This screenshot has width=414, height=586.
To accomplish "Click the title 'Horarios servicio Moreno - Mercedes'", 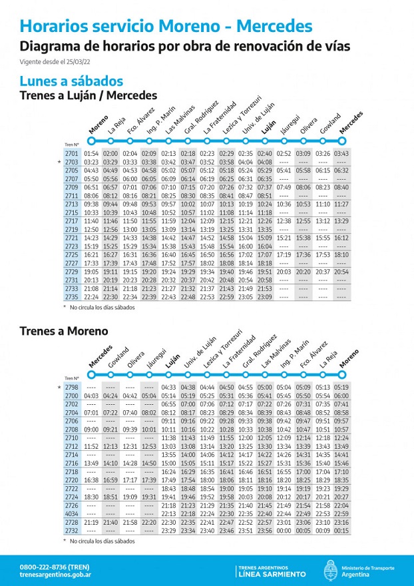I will coord(166,27).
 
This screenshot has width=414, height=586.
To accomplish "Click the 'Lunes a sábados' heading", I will coord(71,81).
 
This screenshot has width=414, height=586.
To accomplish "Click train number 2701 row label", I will coord(72,154).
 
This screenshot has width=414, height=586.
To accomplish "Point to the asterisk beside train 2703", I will coord(60,162).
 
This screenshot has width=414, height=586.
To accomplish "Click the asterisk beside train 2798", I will coord(60,387).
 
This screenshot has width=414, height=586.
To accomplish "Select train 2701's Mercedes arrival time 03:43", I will coord(341,154).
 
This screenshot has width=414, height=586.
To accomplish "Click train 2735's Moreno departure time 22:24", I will coord(91,297).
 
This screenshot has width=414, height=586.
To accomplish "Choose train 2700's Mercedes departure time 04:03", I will coord(91,396).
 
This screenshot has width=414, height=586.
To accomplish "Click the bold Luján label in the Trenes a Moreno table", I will coord(172,360).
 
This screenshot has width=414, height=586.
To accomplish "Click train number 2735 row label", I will coord(72,297).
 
